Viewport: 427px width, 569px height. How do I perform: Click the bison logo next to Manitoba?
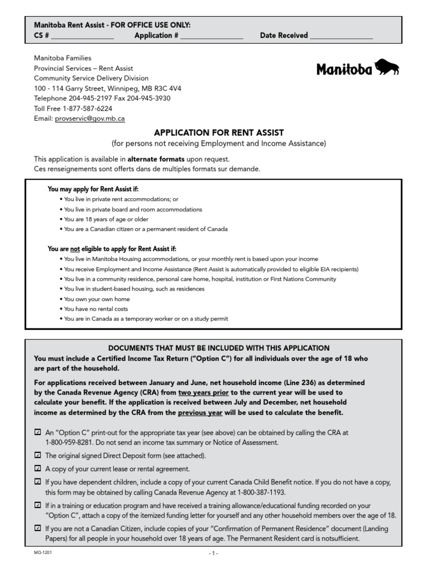[387, 67]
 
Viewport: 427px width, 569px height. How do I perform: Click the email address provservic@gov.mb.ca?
[90, 118]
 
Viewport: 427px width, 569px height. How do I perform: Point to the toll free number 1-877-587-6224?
[87, 108]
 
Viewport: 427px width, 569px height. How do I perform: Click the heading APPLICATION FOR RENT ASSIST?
[219, 133]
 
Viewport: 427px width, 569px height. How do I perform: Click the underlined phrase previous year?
[200, 412]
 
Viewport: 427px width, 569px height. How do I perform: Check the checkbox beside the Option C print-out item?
[37, 432]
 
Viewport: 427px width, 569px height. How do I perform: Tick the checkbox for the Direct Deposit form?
[37, 456]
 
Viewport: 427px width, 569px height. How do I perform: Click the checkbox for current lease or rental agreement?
[37, 468]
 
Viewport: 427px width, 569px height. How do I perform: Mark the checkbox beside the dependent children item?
[37, 482]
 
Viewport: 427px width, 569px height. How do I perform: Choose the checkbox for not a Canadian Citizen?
[37, 529]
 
